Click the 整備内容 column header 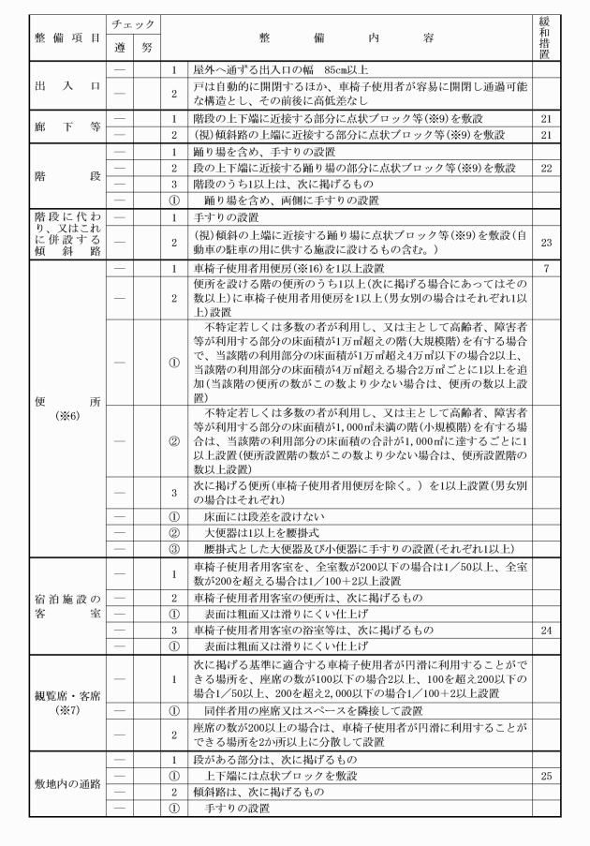tap(347, 37)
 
